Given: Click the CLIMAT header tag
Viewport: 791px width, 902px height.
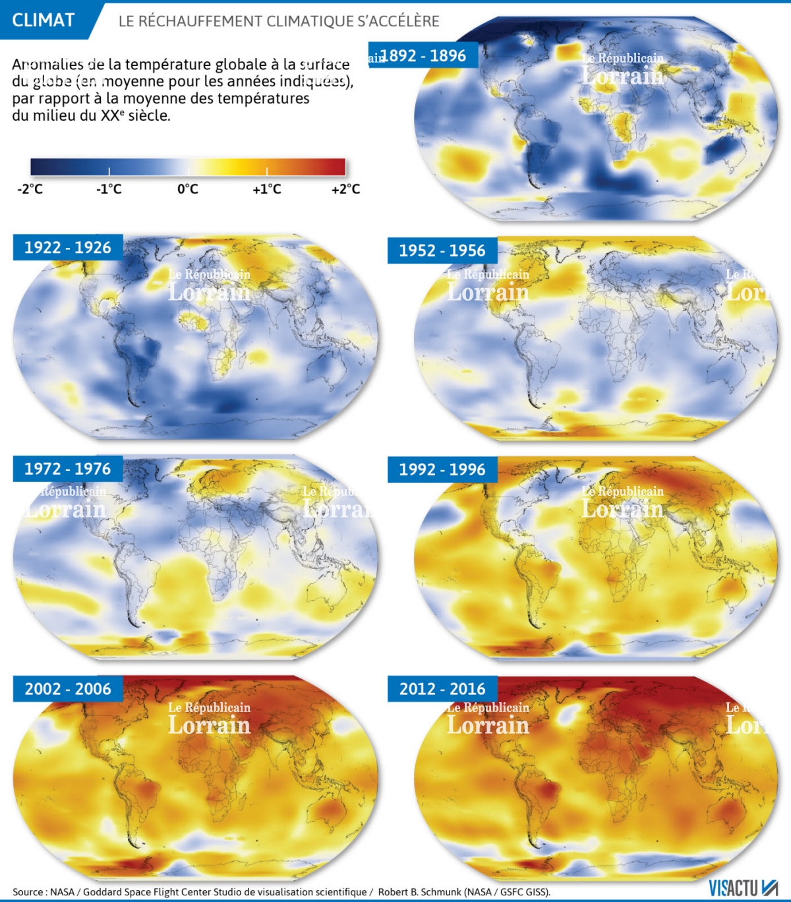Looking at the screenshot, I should pos(44,20).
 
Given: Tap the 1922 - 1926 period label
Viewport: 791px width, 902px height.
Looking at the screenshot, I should pos(67,248).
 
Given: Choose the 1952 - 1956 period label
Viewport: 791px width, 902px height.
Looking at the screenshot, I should pos(442,251).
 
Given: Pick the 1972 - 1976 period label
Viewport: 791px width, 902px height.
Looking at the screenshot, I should pos(67,469).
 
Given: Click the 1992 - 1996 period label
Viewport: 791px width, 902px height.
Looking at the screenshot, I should pos(442,469).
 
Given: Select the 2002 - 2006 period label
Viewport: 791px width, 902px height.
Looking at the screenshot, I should pos(67,689).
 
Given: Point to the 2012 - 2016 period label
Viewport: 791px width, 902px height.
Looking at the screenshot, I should pos(442,689).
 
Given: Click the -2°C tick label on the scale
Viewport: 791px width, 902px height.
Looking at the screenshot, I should pos(30,189).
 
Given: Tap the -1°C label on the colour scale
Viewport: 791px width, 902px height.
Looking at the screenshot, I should pos(109,189).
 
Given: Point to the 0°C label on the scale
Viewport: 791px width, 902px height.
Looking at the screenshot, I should pos(188,189).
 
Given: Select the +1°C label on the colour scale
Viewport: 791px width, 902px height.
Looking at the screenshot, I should pos(266,189).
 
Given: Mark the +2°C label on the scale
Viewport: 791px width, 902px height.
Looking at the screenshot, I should pos(345,189).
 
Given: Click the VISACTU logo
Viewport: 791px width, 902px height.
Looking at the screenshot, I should pos(743,887).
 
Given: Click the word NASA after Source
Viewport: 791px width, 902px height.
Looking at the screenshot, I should pos(63,892).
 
